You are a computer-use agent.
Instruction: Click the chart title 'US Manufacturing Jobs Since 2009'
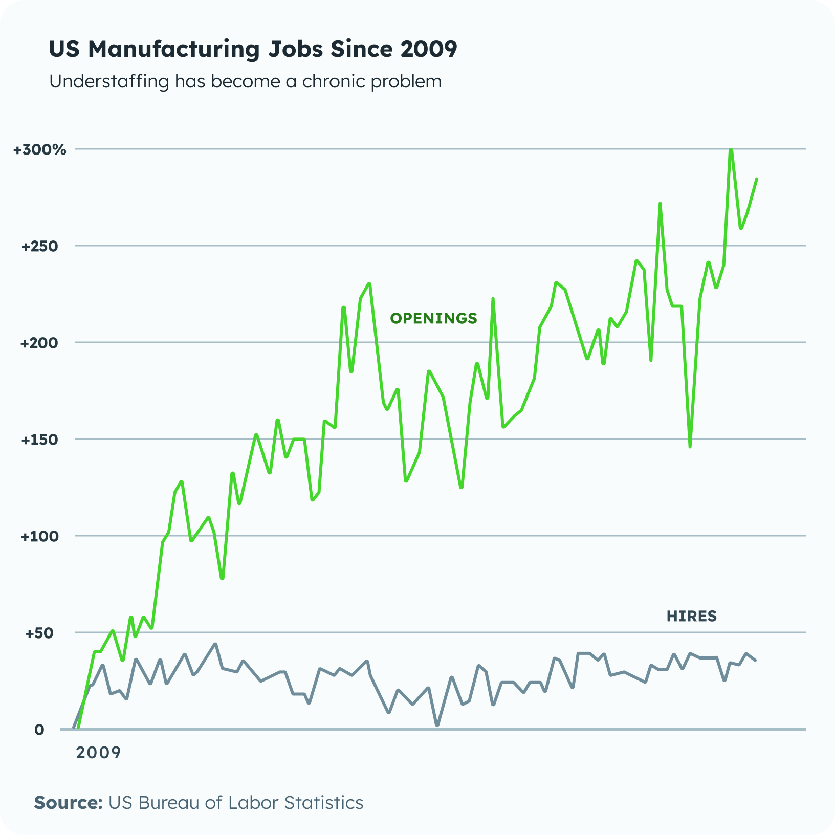[x=253, y=49]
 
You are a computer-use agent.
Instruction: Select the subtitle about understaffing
[x=245, y=81]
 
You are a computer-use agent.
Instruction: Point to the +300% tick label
[x=40, y=150]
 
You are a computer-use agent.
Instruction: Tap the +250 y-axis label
[x=40, y=246]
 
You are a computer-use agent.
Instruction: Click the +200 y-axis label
[x=40, y=343]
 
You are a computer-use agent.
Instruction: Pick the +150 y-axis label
[x=40, y=440]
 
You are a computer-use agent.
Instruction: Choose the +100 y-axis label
[x=40, y=536]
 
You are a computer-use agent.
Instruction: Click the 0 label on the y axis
[x=39, y=730]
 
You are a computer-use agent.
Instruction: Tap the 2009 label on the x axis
[x=98, y=753]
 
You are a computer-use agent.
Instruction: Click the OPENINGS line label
[x=433, y=318]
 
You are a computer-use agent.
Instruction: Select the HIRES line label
[x=691, y=616]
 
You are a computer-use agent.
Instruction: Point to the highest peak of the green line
[x=731, y=150]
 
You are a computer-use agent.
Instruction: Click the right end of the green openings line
[x=756, y=179]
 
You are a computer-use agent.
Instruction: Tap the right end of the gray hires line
[x=755, y=660]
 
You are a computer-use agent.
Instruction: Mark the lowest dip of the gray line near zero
[x=437, y=725]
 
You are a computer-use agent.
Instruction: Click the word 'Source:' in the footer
[x=69, y=802]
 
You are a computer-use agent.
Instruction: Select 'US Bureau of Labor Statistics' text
[x=236, y=802]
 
